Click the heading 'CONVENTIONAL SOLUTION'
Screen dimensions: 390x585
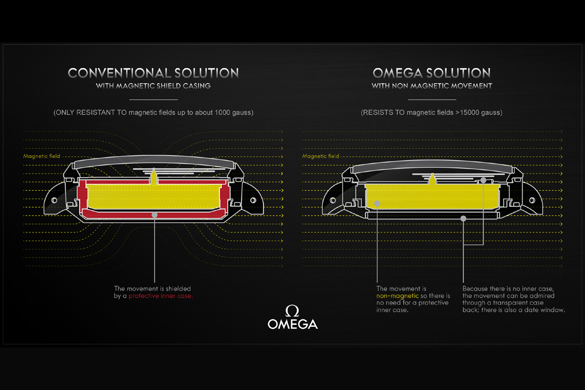click(x=153, y=74)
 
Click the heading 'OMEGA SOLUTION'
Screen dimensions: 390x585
click(x=431, y=74)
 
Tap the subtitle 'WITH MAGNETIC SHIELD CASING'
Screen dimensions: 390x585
click(x=153, y=86)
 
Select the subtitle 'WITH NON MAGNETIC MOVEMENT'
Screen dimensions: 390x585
click(x=431, y=86)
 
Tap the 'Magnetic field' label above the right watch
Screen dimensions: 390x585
click(x=320, y=156)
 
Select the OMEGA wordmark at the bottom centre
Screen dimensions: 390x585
click(x=292, y=324)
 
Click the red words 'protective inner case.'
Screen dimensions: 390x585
click(x=161, y=296)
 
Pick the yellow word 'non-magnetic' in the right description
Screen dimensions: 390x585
click(x=390, y=296)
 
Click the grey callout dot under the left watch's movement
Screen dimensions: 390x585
click(x=154, y=214)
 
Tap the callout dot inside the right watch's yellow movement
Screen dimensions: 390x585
click(x=376, y=203)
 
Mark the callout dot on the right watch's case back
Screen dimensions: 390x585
click(x=463, y=219)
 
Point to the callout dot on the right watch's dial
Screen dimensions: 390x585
click(x=483, y=180)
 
